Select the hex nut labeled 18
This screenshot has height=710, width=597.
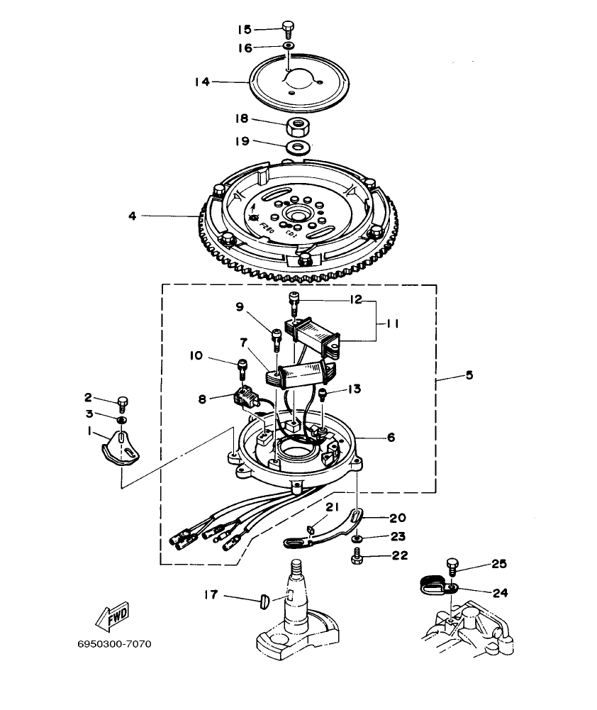coord(298,127)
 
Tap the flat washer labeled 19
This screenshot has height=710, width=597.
coord(298,148)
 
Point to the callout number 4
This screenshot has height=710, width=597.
coord(132,215)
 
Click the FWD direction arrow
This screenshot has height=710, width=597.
coord(110,619)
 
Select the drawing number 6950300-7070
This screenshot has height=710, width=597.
coord(114,645)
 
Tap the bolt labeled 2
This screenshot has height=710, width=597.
coord(121,402)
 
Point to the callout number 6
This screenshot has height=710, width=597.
coord(391,438)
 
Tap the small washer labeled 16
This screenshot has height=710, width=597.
coord(288,46)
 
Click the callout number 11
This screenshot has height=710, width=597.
coord(392,323)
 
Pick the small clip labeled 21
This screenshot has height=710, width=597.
coord(311,527)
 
